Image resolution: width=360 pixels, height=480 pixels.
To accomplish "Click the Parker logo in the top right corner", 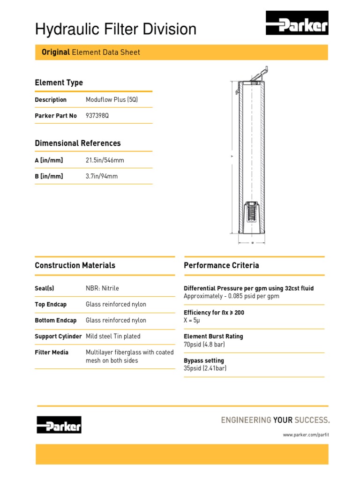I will (297, 23).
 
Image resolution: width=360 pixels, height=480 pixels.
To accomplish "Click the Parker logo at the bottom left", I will (59, 425).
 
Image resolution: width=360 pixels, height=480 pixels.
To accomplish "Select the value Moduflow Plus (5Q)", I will (112, 100).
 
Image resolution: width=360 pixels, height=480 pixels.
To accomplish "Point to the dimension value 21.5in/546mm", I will (105, 160).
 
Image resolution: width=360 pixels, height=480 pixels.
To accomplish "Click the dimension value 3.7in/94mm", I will (102, 176).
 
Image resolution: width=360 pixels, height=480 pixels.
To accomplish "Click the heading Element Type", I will (59, 82).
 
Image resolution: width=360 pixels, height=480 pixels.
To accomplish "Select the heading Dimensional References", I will (77, 143).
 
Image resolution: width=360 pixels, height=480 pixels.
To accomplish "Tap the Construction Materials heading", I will (75, 265).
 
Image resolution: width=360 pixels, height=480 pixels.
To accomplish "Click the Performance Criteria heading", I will (221, 265).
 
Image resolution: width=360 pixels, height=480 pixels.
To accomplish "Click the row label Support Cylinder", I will (58, 337).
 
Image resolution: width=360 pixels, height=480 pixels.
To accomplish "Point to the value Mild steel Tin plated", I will (113, 337).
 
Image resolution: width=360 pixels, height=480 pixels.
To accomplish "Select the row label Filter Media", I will (52, 352).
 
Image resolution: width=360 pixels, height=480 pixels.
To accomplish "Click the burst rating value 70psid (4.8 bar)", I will (204, 345).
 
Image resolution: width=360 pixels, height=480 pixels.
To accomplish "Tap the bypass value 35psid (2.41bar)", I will (205, 368).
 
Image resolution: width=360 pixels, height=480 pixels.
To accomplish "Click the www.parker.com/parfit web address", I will (306, 435).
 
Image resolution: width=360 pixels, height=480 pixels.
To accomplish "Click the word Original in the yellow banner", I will (56, 52).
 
